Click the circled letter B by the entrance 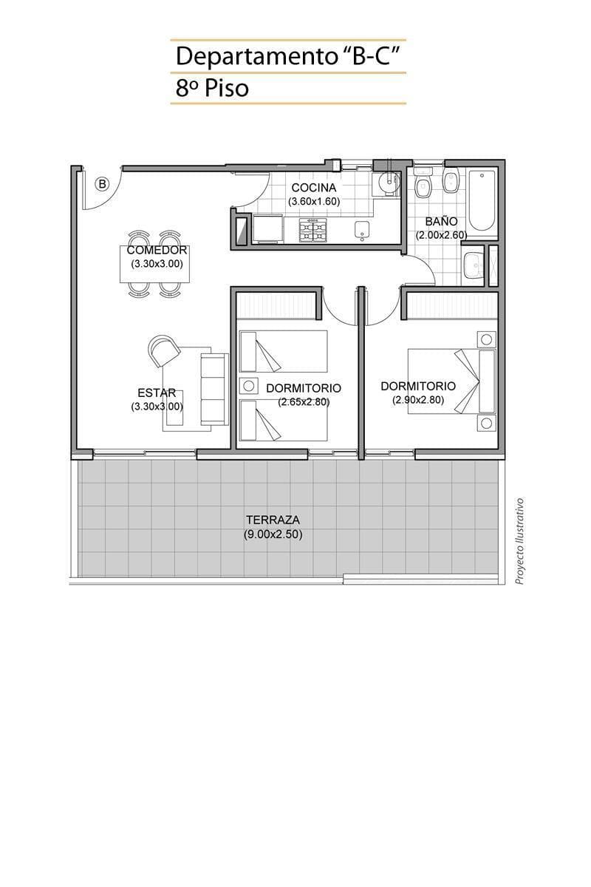click(x=102, y=184)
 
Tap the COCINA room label click(x=313, y=187)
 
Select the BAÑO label click(x=441, y=221)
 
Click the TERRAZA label click(x=273, y=519)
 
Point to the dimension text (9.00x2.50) click(x=273, y=534)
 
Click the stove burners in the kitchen click(x=312, y=230)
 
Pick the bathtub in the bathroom click(x=482, y=202)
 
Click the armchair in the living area click(x=163, y=350)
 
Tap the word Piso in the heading click(x=225, y=88)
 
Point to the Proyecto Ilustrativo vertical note click(x=520, y=541)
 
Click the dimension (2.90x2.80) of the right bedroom click(x=418, y=400)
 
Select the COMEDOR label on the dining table click(x=157, y=251)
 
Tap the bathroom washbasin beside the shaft click(x=473, y=265)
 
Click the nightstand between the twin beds click(x=248, y=386)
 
